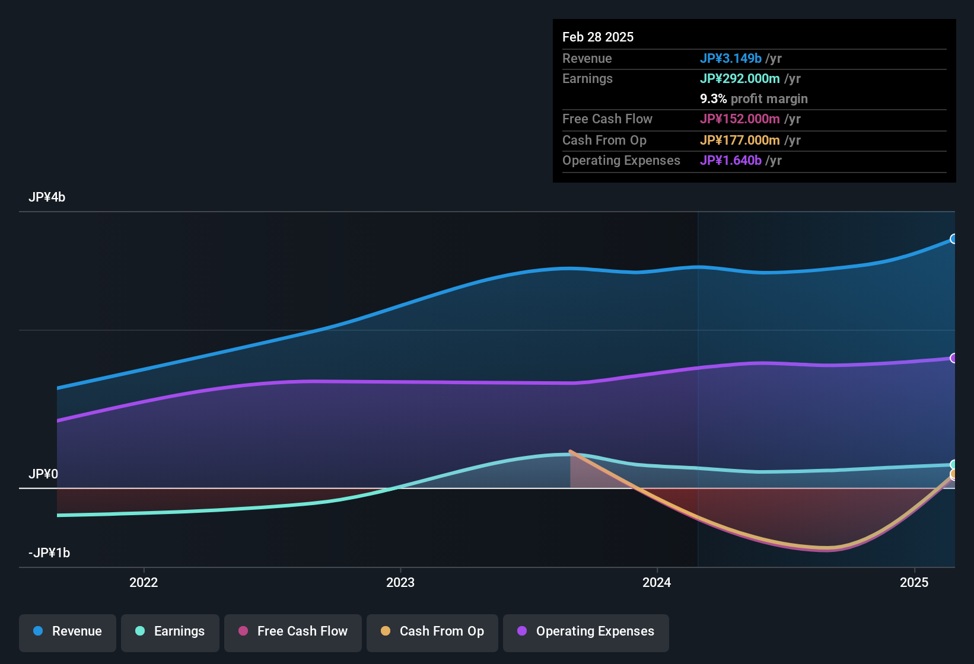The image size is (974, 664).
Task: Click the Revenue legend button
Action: pyautogui.click(x=68, y=631)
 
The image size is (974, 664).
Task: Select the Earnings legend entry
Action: pyautogui.click(x=170, y=631)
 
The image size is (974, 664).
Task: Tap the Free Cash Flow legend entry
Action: pyautogui.click(x=293, y=631)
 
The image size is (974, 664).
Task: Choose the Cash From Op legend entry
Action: pyautogui.click(x=432, y=631)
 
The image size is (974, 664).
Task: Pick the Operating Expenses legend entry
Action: pyautogui.click(x=586, y=631)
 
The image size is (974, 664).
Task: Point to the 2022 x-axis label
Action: pyautogui.click(x=144, y=582)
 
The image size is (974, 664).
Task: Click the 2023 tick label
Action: pyautogui.click(x=400, y=582)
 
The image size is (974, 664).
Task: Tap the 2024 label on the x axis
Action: pyautogui.click(x=657, y=582)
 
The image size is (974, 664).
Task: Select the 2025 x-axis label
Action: pyautogui.click(x=914, y=582)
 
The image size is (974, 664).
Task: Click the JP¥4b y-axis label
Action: pyautogui.click(x=47, y=197)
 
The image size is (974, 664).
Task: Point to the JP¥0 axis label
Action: pyautogui.click(x=43, y=474)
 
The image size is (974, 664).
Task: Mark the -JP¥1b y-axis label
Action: pyautogui.click(x=49, y=553)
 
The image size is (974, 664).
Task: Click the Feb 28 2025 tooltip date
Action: pyautogui.click(x=598, y=37)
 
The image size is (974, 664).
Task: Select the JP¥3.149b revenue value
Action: pyautogui.click(x=730, y=59)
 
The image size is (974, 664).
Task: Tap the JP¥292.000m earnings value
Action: pyautogui.click(x=740, y=79)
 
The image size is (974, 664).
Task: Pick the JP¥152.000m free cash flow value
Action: pyautogui.click(x=740, y=119)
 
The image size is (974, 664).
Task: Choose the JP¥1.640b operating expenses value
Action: pyautogui.click(x=730, y=161)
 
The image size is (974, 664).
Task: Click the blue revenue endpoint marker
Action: pyautogui.click(x=953, y=239)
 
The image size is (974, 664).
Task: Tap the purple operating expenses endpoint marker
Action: pyautogui.click(x=953, y=358)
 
